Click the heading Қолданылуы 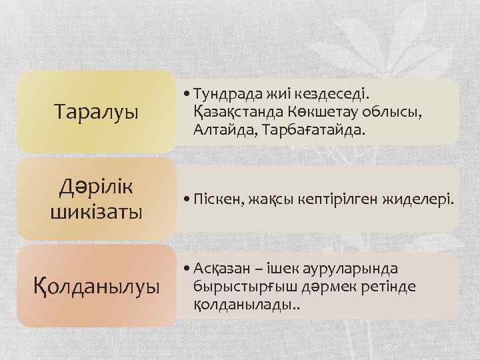point(97,287)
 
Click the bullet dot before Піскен point(186,199)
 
